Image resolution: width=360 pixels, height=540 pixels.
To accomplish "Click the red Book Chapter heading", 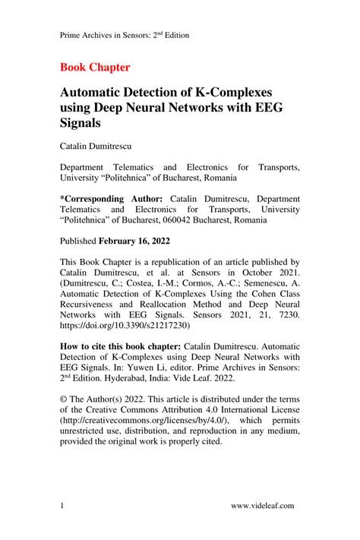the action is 94,67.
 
